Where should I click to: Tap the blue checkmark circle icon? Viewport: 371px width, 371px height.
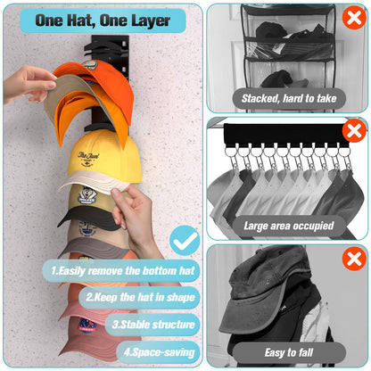click(184, 240)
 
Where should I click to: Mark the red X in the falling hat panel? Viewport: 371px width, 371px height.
click(353, 260)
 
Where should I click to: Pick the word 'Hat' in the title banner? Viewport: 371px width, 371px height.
click(95, 20)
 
